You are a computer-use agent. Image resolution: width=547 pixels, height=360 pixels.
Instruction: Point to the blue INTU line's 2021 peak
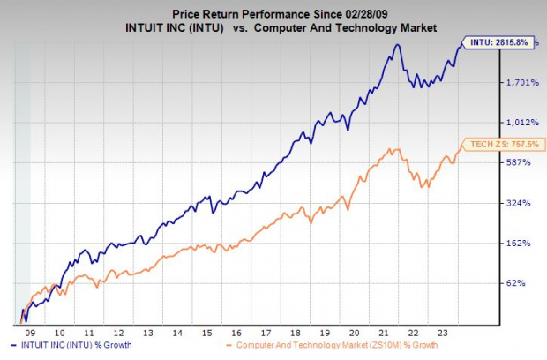tap(389, 44)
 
